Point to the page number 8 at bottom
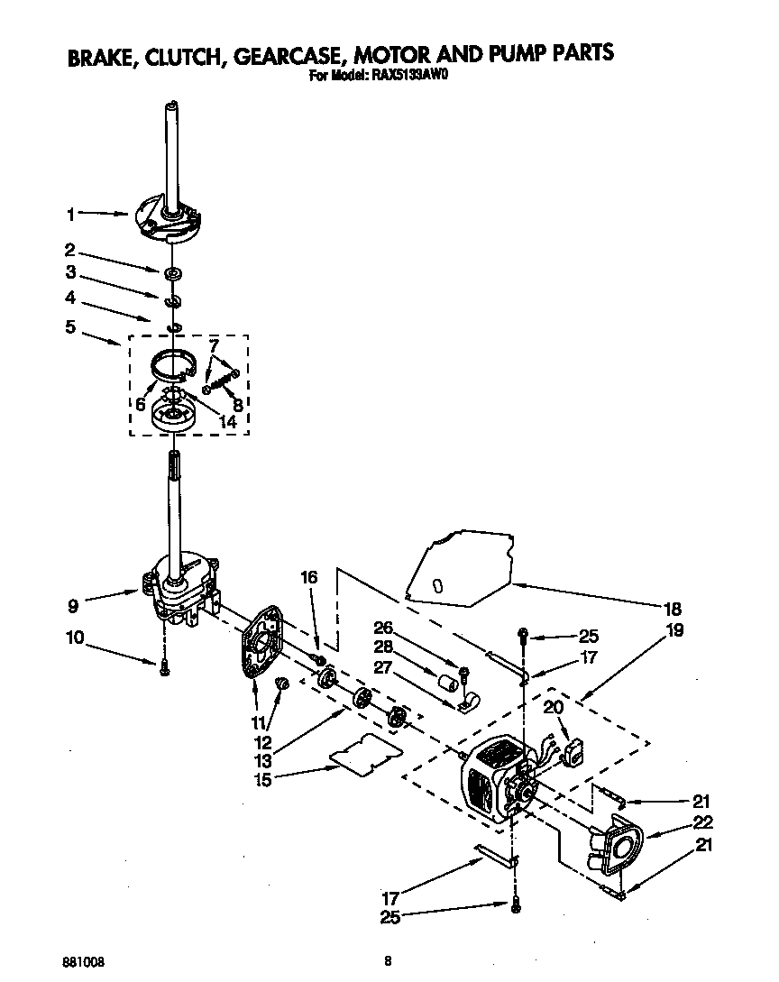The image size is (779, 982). point(387,961)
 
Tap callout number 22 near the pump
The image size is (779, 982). point(703,822)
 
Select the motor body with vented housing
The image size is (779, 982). point(491,779)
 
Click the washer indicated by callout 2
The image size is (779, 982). point(172,271)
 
